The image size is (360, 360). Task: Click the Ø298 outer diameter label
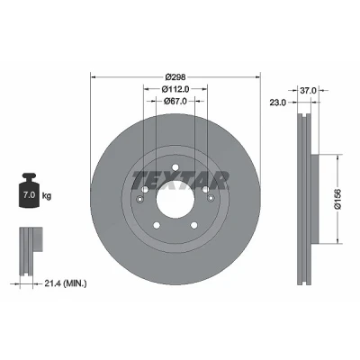point(175,77)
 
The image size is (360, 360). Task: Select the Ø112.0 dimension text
point(175,89)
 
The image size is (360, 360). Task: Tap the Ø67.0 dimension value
point(175,102)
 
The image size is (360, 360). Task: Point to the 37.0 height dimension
point(308,90)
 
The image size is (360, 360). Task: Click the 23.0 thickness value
point(277,103)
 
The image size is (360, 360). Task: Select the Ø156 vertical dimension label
point(337,199)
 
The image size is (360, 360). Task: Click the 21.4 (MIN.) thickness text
point(66,283)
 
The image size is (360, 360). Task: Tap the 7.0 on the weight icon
point(29,195)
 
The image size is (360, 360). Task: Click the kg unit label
point(47,196)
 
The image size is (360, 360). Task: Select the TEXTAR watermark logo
point(181,181)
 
